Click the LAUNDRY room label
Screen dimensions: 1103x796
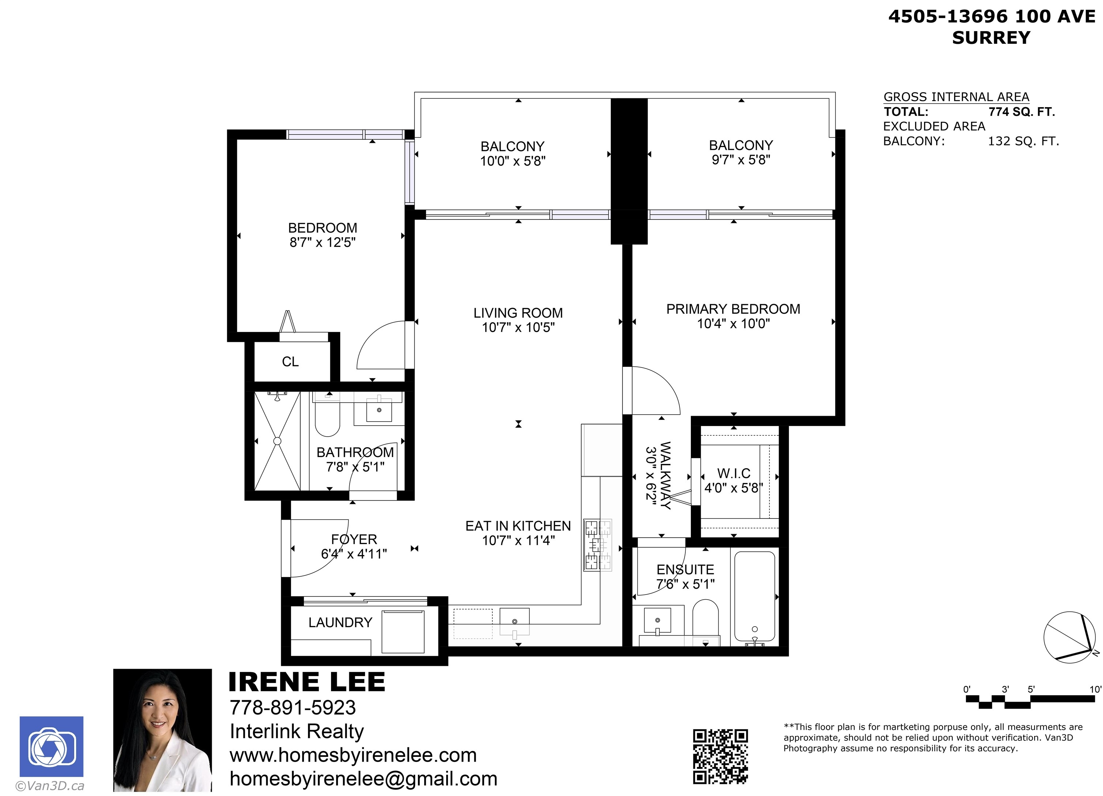340,622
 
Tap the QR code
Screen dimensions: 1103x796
720,756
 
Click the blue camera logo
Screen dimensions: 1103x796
52,746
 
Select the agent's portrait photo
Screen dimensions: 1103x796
162,730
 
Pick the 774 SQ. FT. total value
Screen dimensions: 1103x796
1021,112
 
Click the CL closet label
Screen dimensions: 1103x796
290,362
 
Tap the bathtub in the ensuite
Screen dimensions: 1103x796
754,597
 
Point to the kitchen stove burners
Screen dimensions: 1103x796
598,544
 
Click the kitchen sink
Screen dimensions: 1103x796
515,622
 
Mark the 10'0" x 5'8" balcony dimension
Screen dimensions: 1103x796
513,161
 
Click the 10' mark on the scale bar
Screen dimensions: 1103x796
1095,690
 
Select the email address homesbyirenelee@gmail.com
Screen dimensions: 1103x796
363,778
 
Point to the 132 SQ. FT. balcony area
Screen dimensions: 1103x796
1023,142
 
